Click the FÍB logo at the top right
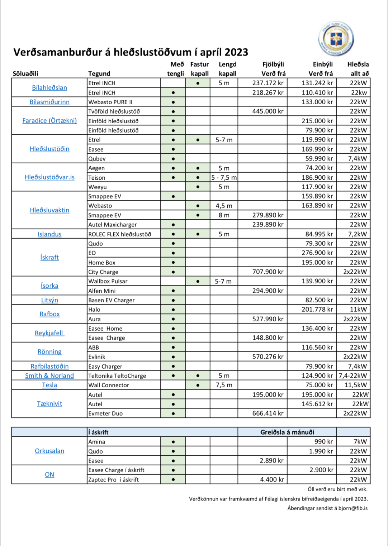pos(336,38)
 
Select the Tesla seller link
pos(49,385)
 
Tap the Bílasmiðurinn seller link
pos(49,102)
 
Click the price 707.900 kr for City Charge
pos(268,272)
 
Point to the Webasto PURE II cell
pos(110,102)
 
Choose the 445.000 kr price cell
pos(268,111)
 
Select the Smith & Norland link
pos(49,376)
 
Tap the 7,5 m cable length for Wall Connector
pos(224,385)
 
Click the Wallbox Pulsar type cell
pos(108,282)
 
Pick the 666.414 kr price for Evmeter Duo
pos(268,413)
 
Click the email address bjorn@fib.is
pos(353,508)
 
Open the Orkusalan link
pos(49,451)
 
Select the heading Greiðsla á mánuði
pos(287,432)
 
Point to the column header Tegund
pos(99,74)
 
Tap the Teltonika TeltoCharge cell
pos(117,376)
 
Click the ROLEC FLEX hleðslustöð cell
pos(120,234)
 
